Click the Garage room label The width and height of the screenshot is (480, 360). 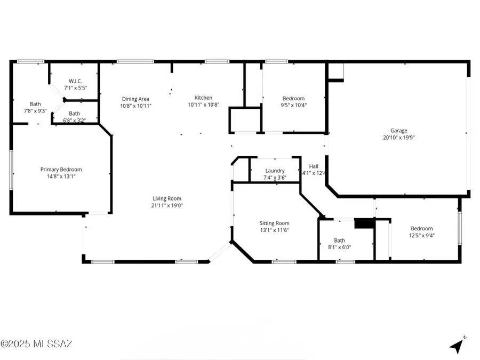(398, 131)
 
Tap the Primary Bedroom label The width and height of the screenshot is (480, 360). (61, 170)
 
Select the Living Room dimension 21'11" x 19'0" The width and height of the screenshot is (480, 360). (167, 205)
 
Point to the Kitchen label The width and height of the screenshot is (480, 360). (203, 98)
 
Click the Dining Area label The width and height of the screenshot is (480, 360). (135, 99)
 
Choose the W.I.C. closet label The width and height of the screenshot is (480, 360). (74, 81)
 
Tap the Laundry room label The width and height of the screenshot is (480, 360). (275, 171)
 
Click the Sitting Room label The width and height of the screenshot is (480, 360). (274, 223)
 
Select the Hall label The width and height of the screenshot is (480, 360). (314, 166)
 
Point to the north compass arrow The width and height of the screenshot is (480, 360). (457, 346)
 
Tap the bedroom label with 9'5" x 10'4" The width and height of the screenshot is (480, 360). (293, 99)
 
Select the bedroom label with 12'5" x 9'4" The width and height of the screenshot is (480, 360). (421, 228)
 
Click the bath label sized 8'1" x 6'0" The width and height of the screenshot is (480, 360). (339, 240)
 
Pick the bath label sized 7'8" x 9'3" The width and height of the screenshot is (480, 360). (35, 104)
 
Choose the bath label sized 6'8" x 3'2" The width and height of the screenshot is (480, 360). (74, 113)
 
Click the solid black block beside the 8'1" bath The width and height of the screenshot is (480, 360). (365, 223)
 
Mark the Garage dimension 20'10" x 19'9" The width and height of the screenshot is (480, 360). (398, 138)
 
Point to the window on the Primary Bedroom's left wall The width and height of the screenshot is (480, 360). (11, 169)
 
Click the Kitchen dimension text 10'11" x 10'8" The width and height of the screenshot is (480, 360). (203, 105)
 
